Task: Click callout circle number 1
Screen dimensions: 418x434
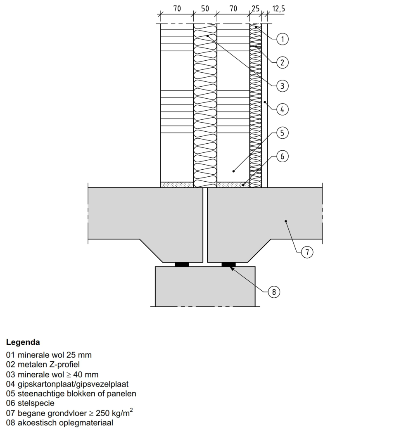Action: click(283, 39)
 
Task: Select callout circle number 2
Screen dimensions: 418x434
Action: click(283, 63)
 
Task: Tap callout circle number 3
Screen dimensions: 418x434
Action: click(283, 86)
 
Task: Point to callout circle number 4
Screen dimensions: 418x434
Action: click(283, 110)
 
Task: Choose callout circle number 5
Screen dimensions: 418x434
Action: click(283, 133)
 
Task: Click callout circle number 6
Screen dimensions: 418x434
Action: click(283, 157)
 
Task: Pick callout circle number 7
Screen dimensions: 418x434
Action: click(307, 252)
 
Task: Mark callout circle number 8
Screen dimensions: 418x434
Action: click(273, 292)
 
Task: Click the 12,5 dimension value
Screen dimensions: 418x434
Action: click(278, 7)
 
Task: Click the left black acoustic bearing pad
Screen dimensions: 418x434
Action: click(182, 264)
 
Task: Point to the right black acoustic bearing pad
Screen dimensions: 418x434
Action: click(228, 264)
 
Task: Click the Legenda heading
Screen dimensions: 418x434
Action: click(23, 342)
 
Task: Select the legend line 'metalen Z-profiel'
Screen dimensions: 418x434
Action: click(43, 365)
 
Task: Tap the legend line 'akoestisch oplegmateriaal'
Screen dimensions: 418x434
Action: click(59, 423)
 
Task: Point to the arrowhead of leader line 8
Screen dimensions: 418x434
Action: click(232, 268)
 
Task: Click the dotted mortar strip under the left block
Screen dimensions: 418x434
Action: click(177, 184)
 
